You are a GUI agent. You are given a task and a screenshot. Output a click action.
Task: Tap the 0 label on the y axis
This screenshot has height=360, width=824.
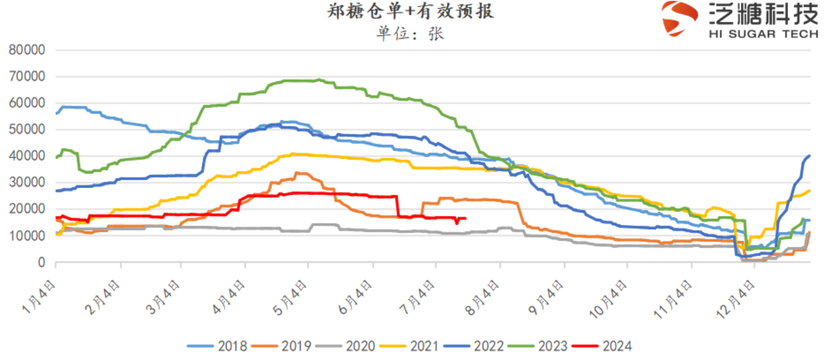tap(42, 263)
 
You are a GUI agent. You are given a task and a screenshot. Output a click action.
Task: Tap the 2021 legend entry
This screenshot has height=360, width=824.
tap(415, 346)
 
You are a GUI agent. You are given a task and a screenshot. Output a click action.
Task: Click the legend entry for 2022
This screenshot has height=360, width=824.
tap(478, 346)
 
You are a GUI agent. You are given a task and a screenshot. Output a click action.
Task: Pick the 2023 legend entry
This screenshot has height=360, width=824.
tap(542, 346)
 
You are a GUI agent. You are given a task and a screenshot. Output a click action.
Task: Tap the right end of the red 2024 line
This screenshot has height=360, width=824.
tap(465, 218)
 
